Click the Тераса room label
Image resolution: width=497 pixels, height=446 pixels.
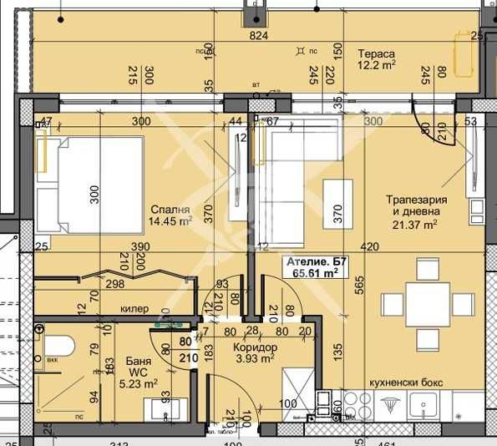click(x=374, y=51)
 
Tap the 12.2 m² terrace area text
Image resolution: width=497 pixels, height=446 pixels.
click(x=377, y=64)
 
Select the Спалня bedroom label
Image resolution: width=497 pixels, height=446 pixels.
click(x=170, y=210)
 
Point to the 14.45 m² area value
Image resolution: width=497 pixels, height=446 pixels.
click(x=170, y=222)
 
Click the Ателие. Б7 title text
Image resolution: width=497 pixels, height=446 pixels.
click(x=316, y=261)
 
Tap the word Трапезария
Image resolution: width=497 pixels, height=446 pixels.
click(x=416, y=200)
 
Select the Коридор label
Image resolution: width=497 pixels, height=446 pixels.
click(x=256, y=347)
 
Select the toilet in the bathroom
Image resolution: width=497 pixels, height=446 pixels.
click(x=57, y=347)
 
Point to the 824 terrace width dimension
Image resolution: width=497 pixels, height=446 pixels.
click(x=259, y=36)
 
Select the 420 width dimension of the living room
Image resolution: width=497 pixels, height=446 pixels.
click(x=369, y=247)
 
